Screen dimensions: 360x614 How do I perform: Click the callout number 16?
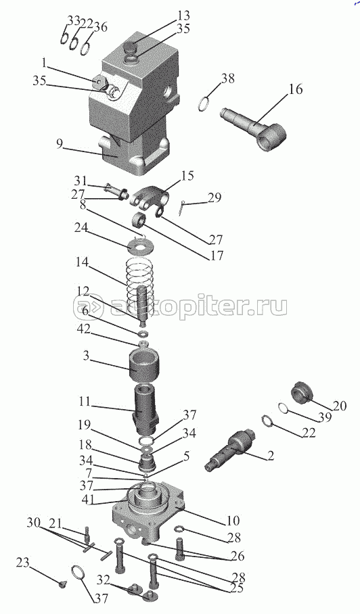tap(296, 90)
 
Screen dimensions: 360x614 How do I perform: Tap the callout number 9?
tap(59, 144)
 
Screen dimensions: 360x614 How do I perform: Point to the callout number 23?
tap(23, 563)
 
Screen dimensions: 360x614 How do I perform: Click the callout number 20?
tap(340, 406)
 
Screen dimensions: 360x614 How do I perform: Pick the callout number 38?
tap(227, 78)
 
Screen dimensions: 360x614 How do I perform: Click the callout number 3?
tap(86, 356)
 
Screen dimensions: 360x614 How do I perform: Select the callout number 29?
tap(215, 197)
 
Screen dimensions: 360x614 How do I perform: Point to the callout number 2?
tap(270, 455)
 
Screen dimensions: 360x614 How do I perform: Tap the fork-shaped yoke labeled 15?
tap(150, 197)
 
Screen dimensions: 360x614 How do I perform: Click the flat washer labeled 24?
tap(142, 247)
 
